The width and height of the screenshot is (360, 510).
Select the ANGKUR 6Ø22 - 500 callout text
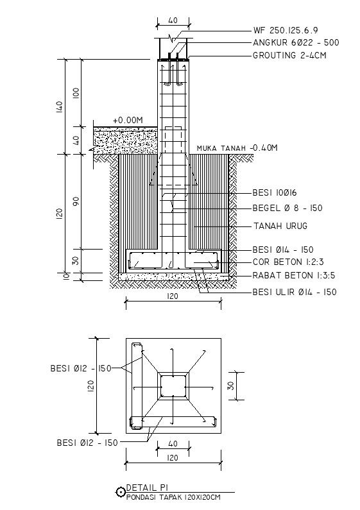[296, 42]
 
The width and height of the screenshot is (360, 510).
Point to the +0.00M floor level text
[127, 120]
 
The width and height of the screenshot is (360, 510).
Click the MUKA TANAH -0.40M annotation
[237, 148]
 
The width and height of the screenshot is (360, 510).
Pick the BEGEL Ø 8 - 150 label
[287, 208]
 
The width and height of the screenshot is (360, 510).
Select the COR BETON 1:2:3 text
[287, 262]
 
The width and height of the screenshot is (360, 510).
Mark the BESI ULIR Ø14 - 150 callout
[295, 292]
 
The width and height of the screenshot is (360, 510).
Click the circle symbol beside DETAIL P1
[120, 492]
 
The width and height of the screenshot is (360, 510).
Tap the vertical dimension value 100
[76, 92]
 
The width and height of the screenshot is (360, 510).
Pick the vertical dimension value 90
[76, 201]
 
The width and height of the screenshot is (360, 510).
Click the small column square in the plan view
[173, 387]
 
